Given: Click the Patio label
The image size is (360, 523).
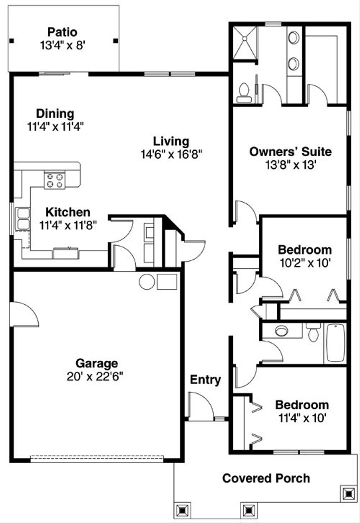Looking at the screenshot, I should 62,32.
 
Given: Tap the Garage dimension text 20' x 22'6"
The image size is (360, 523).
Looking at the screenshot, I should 95,377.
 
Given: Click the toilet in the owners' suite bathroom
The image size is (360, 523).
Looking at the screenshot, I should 244,92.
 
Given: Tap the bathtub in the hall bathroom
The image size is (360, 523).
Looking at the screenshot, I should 335,342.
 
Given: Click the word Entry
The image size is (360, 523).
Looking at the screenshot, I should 205,380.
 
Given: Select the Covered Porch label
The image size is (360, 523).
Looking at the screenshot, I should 266,478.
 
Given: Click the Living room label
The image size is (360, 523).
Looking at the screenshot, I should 171,141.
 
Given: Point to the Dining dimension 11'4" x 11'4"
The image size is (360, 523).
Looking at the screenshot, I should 55,126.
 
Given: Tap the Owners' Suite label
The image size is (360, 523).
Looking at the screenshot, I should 290,152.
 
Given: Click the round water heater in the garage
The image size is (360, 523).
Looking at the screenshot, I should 147,282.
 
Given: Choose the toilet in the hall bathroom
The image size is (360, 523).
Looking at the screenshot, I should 313,332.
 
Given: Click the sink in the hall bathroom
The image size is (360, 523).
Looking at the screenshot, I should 282,331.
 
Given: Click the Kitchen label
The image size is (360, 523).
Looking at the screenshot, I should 68,212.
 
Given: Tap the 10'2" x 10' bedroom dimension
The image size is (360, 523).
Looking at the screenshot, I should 304,263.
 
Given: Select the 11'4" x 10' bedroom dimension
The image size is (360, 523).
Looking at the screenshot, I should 302,418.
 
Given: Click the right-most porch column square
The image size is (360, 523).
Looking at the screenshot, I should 348,494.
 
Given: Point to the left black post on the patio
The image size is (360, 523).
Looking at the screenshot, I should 12,41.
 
